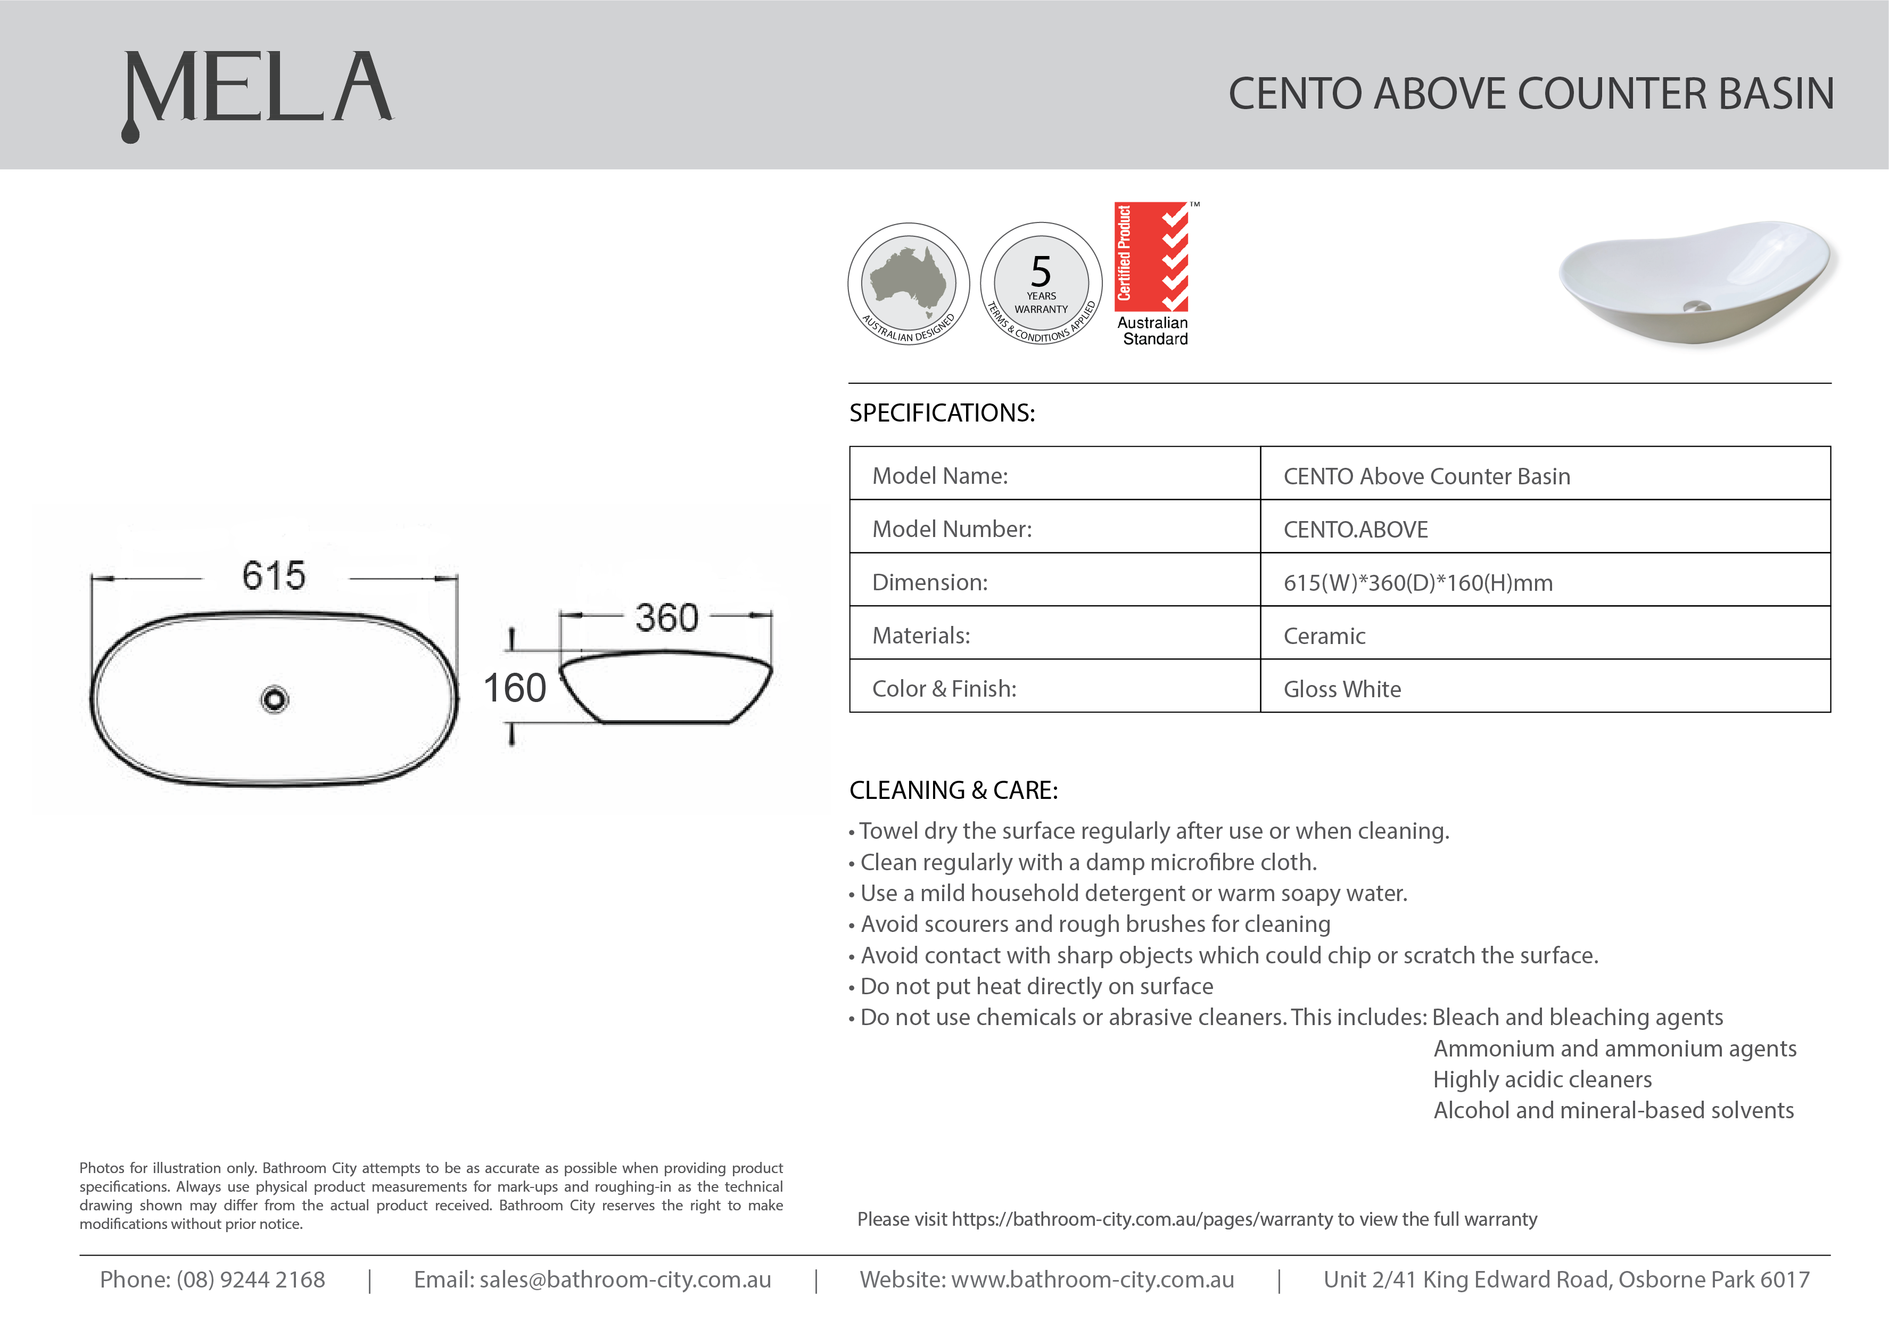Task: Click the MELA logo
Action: coord(258,90)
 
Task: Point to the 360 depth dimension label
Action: coord(667,617)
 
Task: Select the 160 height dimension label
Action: coord(515,688)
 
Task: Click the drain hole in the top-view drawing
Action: coord(274,700)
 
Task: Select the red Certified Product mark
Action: coord(1152,257)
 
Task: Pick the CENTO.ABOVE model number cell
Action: coord(1356,530)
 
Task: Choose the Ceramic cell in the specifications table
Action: coord(1324,636)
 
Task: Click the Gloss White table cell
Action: coord(1342,689)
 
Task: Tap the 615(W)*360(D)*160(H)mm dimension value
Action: coord(1418,583)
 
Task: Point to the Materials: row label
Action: coord(921,636)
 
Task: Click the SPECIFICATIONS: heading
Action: coord(942,412)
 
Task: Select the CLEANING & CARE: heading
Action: coord(953,790)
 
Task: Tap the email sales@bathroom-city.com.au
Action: coord(625,1280)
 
